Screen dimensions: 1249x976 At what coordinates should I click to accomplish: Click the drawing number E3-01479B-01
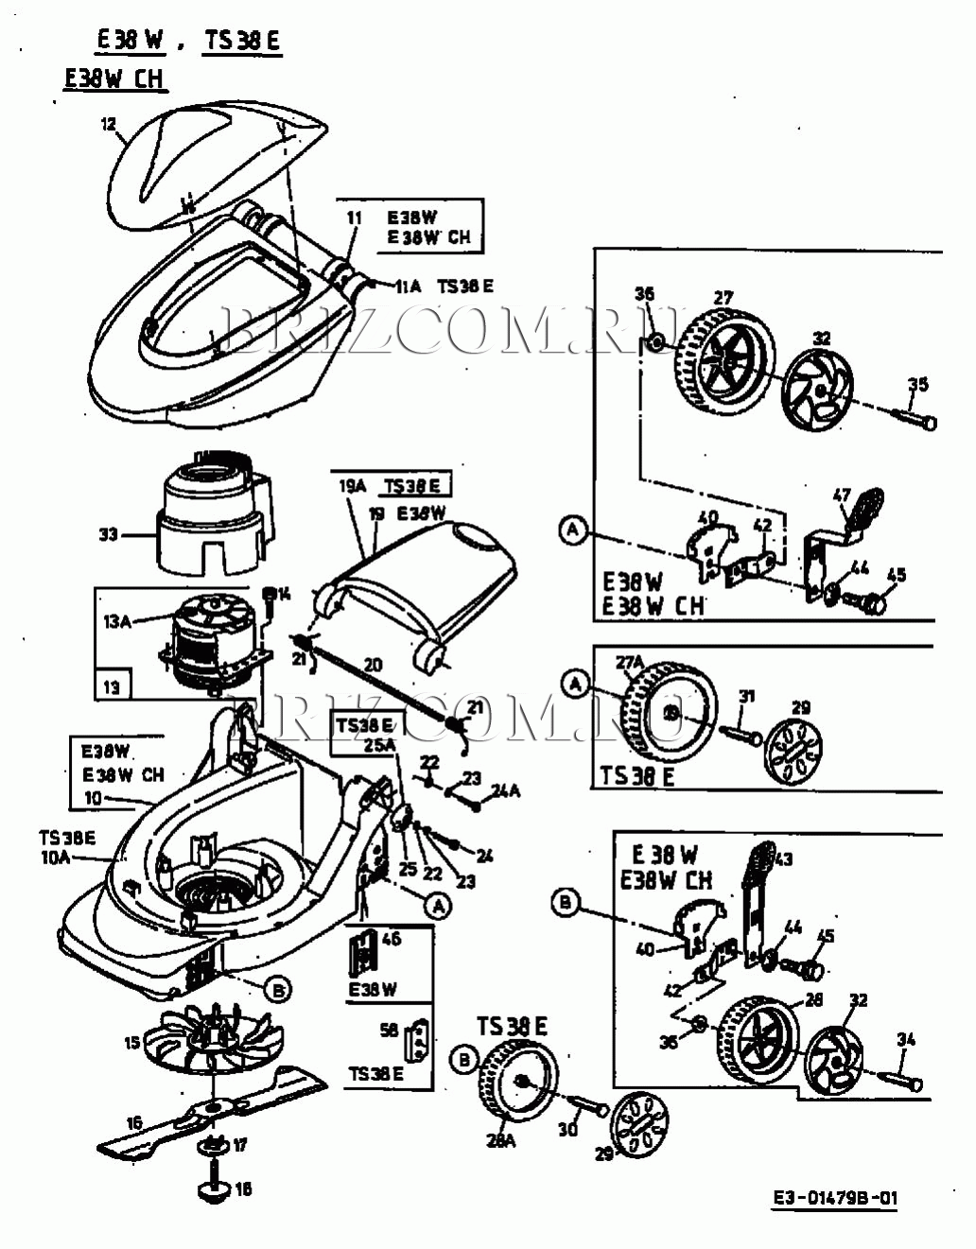point(834,1198)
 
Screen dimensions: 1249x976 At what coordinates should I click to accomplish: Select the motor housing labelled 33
point(213,515)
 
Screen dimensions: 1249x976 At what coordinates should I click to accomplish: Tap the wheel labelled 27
point(725,355)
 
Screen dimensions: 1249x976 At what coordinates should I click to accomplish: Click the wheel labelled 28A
point(521,1086)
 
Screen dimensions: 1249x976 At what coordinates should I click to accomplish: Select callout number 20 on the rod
point(373,665)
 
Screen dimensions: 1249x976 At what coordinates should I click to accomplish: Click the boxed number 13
point(113,686)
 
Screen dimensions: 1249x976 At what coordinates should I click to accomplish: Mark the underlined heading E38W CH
point(114,78)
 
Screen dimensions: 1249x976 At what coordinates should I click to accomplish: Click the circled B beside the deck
point(278,990)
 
